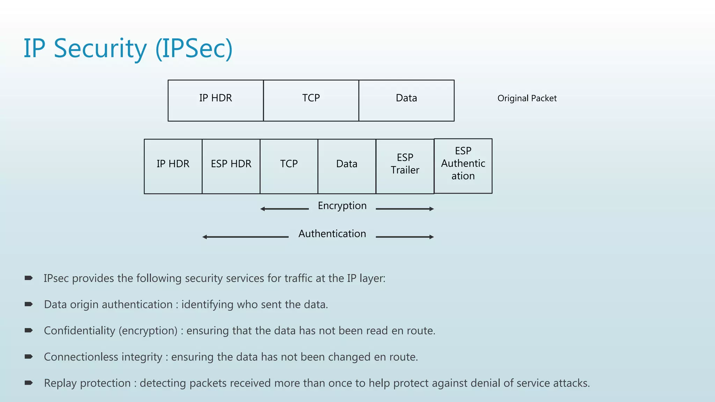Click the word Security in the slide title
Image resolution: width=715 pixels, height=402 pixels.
pos(100,49)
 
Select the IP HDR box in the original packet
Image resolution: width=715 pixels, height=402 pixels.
pos(215,100)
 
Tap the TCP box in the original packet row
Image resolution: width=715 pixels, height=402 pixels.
pos(311,100)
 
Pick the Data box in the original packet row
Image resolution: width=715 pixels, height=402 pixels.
pos(406,100)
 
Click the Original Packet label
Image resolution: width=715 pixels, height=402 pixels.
pos(527,98)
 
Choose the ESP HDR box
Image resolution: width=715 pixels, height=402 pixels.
pos(231,166)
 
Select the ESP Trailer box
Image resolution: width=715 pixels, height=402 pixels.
pos(405,166)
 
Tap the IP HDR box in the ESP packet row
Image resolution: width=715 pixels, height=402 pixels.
pos(173,166)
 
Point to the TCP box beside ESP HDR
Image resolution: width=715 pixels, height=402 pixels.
pos(289,166)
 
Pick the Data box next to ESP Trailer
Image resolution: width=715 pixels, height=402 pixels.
pos(347,166)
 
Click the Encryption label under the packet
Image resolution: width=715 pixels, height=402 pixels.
pos(342,206)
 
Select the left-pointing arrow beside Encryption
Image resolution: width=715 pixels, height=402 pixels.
pos(284,209)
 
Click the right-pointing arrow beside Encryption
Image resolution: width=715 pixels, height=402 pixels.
pos(405,209)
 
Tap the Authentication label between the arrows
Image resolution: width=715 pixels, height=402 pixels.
pos(332,233)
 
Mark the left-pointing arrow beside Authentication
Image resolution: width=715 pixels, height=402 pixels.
pos(245,237)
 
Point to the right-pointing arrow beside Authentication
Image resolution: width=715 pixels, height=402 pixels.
pos(405,237)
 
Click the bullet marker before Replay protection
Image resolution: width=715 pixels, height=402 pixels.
pos(29,383)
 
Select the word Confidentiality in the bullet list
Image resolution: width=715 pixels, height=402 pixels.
pos(79,330)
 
